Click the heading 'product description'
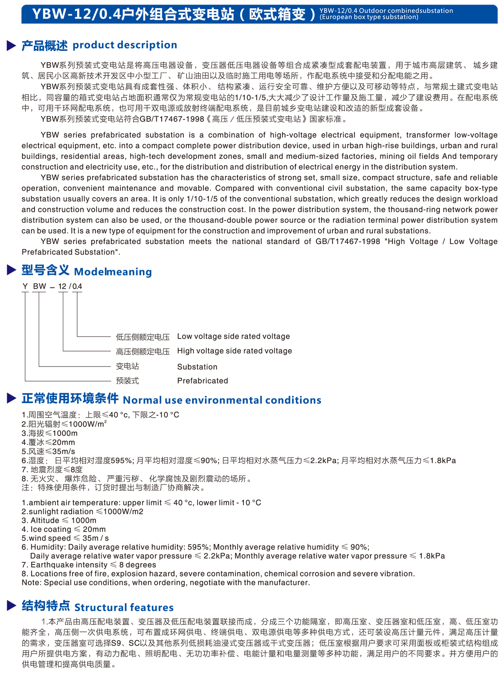tap(125, 45)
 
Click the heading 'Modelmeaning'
tap(113, 272)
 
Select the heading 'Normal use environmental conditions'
tap(222, 400)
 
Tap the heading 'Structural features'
tap(124, 607)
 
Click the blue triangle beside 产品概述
tap(11, 45)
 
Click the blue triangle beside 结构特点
tap(11, 606)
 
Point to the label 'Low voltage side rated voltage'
tap(233, 337)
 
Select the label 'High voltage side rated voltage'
tap(235, 351)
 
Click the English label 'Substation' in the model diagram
tap(197, 367)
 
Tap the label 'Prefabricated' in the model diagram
tap(202, 381)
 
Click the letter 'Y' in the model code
tap(25, 287)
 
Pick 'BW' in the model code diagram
tap(40, 287)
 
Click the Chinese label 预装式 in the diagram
tap(127, 381)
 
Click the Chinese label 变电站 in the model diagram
tap(127, 367)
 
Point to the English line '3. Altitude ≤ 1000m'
tap(59, 521)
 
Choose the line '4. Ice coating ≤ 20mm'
tap(64, 529)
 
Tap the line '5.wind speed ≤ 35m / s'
tap(65, 538)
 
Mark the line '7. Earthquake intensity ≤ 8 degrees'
tap(89, 565)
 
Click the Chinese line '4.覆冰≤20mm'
tap(48, 442)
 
